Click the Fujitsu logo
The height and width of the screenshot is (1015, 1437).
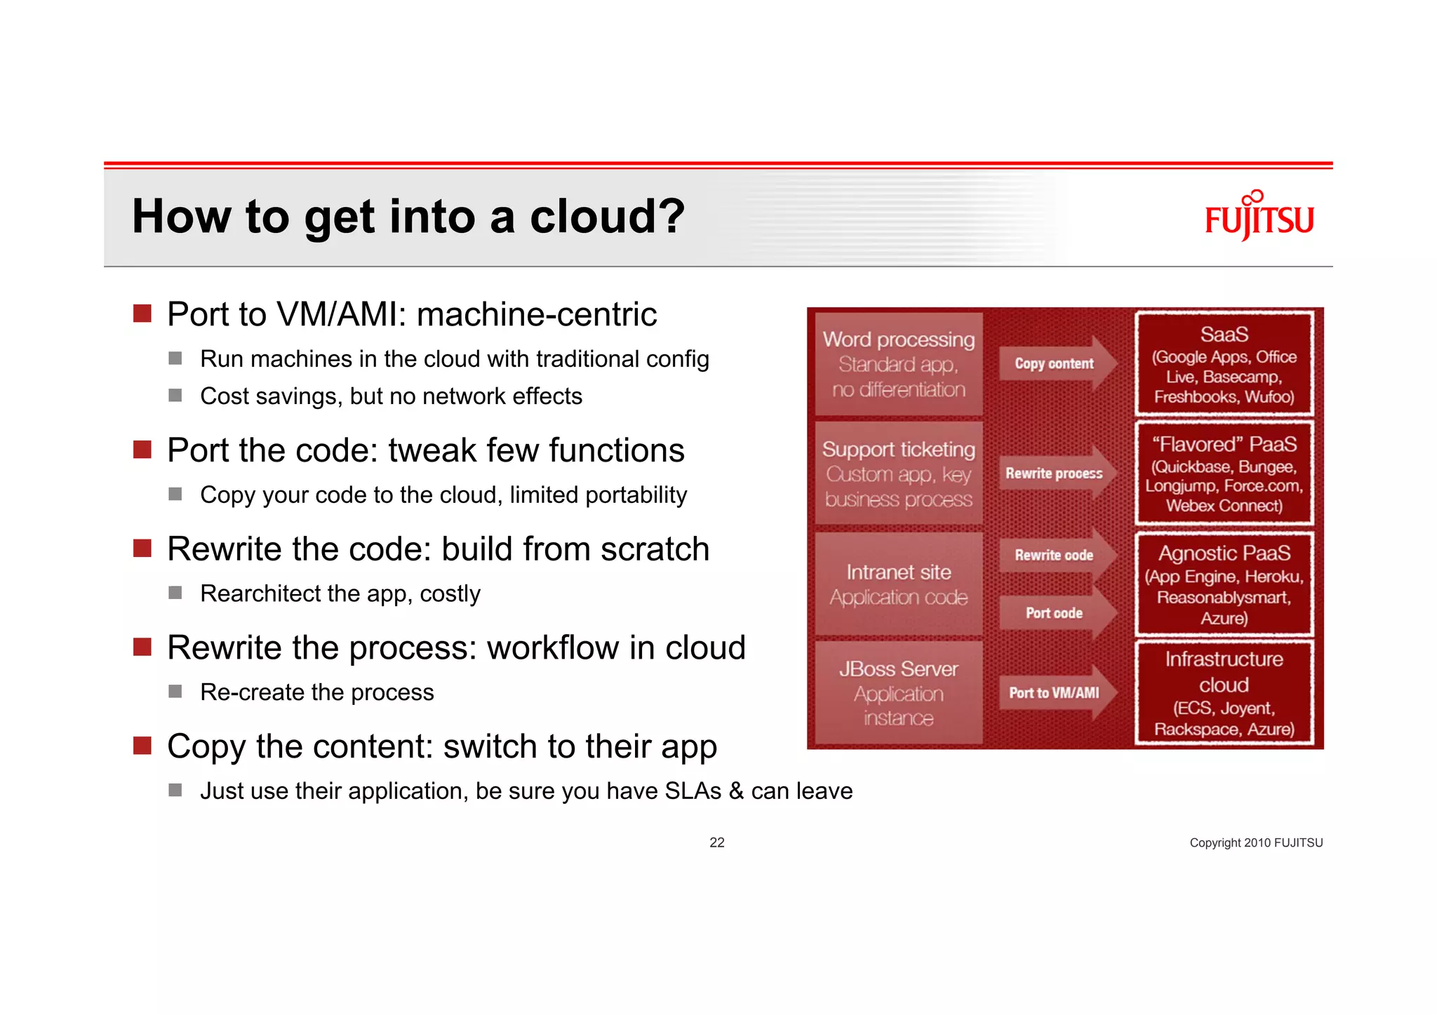pyautogui.click(x=1259, y=217)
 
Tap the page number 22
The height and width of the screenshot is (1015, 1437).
pyautogui.click(x=716, y=842)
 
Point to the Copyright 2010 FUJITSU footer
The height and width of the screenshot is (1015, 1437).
pyautogui.click(x=1255, y=842)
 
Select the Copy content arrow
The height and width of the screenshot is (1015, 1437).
pyautogui.click(x=1056, y=363)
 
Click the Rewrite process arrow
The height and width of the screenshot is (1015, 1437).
pyautogui.click(x=1056, y=473)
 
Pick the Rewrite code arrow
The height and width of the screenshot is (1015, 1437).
pyautogui.click(x=1056, y=555)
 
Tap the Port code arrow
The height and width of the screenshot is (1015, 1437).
pyautogui.click(x=1056, y=613)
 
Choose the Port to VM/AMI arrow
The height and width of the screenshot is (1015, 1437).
pyautogui.click(x=1056, y=693)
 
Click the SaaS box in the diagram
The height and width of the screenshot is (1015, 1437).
pyautogui.click(x=1224, y=364)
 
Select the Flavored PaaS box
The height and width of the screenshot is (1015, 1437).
pyautogui.click(x=1224, y=473)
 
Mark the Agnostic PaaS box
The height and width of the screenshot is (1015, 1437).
pyautogui.click(x=1224, y=584)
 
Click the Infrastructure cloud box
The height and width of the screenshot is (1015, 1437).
pyautogui.click(x=1224, y=693)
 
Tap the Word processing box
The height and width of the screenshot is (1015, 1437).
pyautogui.click(x=898, y=364)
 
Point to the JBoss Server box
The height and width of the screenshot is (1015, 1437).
pyautogui.click(x=898, y=693)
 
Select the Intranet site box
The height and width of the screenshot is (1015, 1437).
pyautogui.click(x=898, y=584)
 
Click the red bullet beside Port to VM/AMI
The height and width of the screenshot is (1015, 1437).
pyautogui.click(x=142, y=314)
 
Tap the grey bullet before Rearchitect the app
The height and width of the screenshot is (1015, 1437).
pyautogui.click(x=175, y=593)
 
